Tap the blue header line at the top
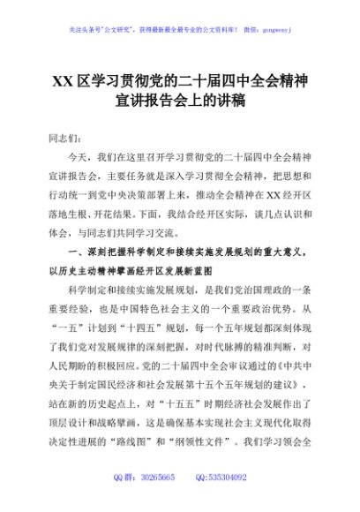pos(179,29)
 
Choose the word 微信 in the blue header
pos(251,29)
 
